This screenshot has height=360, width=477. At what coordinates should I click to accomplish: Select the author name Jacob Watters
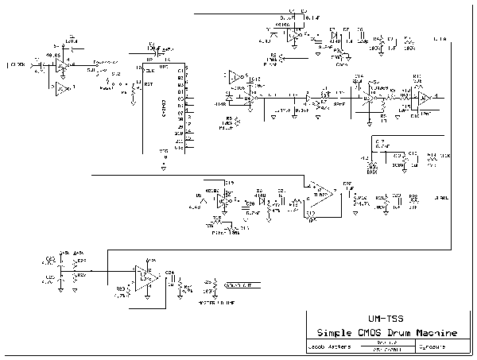click(x=328, y=347)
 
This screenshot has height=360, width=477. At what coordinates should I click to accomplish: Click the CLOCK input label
click(x=17, y=62)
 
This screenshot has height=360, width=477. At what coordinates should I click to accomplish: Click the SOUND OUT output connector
click(x=235, y=285)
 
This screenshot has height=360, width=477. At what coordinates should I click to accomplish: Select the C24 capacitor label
click(x=169, y=273)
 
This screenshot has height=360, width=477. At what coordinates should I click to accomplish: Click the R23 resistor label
click(x=120, y=288)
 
